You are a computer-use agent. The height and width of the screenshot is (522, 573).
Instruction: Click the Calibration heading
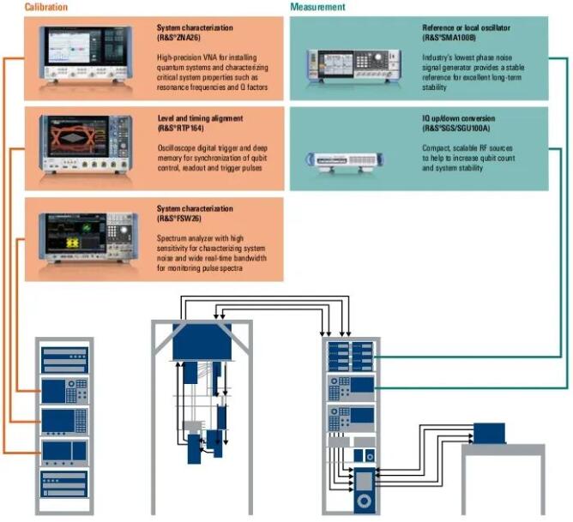click(22, 7)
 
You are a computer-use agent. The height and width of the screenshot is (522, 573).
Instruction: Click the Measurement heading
click(318, 7)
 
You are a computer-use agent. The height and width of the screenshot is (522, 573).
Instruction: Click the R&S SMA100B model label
click(449, 38)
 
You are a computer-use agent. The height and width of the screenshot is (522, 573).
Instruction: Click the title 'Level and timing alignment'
click(199, 117)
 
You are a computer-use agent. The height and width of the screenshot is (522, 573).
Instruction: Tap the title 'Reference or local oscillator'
click(466, 27)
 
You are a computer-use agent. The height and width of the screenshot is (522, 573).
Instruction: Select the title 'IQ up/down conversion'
click(458, 117)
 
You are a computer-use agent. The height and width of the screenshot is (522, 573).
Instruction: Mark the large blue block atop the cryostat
click(202, 342)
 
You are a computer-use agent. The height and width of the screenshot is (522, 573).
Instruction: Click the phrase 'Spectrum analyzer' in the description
click(187, 237)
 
